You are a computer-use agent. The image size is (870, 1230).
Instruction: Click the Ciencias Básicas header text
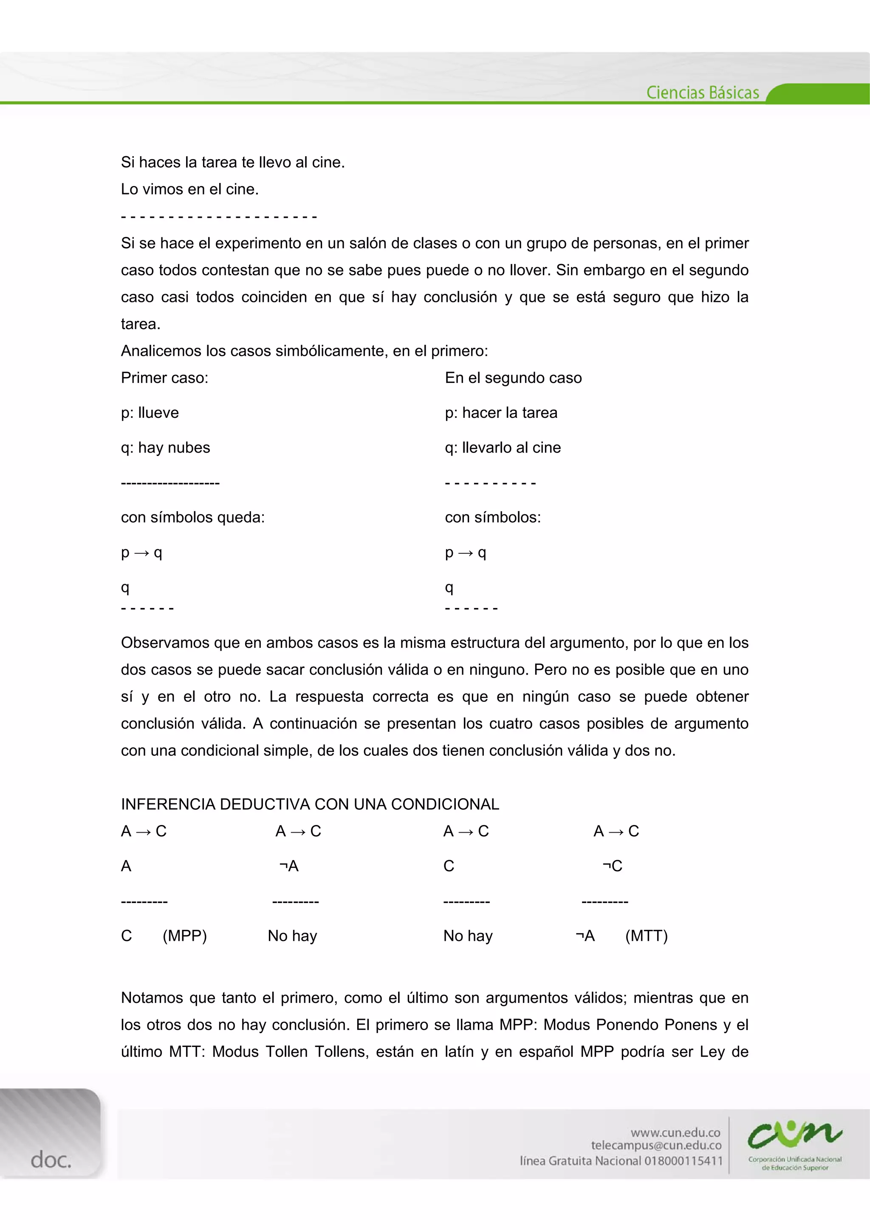click(x=702, y=93)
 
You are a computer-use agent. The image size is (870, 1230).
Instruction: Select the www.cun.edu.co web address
click(x=675, y=1132)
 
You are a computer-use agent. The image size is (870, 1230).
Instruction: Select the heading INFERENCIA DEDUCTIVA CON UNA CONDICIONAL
click(x=310, y=804)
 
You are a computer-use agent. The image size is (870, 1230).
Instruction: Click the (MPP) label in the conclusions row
click(x=184, y=935)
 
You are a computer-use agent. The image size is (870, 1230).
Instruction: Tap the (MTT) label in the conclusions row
click(x=646, y=935)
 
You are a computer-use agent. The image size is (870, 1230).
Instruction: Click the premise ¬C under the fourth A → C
click(x=612, y=866)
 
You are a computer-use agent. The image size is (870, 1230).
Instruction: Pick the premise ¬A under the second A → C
click(x=289, y=866)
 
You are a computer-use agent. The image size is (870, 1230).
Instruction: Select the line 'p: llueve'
click(x=150, y=413)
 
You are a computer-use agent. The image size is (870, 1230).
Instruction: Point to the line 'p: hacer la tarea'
click(x=501, y=413)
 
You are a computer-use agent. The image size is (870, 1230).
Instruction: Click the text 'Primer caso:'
click(x=164, y=378)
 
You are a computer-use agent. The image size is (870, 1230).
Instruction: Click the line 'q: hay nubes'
click(x=165, y=448)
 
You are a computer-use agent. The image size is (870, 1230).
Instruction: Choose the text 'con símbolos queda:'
click(x=192, y=517)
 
